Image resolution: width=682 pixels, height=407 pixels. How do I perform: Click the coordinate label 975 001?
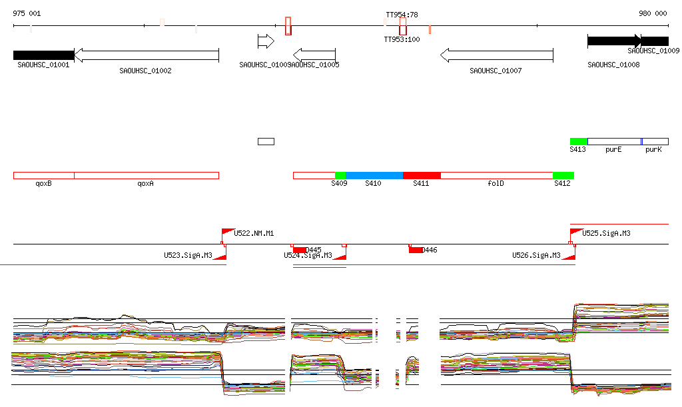pyautogui.click(x=27, y=13)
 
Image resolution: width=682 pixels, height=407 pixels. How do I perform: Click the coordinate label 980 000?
pyautogui.click(x=653, y=13)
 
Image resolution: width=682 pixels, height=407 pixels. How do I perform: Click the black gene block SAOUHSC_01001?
pyautogui.click(x=43, y=55)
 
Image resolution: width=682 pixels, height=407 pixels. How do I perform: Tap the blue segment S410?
pyautogui.click(x=374, y=175)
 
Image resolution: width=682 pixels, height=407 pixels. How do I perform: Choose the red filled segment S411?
pyautogui.click(x=422, y=175)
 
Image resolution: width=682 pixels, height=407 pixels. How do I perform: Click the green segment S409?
pyautogui.click(x=340, y=175)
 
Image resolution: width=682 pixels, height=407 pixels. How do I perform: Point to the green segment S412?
pyautogui.click(x=563, y=175)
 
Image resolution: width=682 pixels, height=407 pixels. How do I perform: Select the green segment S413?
pyautogui.click(x=578, y=142)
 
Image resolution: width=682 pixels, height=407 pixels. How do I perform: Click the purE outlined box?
pyautogui.click(x=613, y=142)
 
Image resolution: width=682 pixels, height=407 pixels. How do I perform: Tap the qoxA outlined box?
pyautogui.click(x=146, y=175)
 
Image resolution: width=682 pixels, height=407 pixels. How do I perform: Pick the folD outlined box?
pyautogui.click(x=496, y=175)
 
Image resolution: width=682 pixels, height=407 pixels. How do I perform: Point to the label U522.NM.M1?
pyautogui.click(x=254, y=233)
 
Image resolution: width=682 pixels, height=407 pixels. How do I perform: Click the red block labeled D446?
pyautogui.click(x=416, y=250)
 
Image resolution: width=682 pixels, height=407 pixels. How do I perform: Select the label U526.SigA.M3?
pyautogui.click(x=535, y=255)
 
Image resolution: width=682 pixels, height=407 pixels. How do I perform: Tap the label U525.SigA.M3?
pyautogui.click(x=606, y=233)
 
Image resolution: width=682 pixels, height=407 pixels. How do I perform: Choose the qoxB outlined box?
pyautogui.click(x=43, y=175)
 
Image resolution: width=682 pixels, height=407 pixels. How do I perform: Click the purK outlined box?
pyautogui.click(x=655, y=142)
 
